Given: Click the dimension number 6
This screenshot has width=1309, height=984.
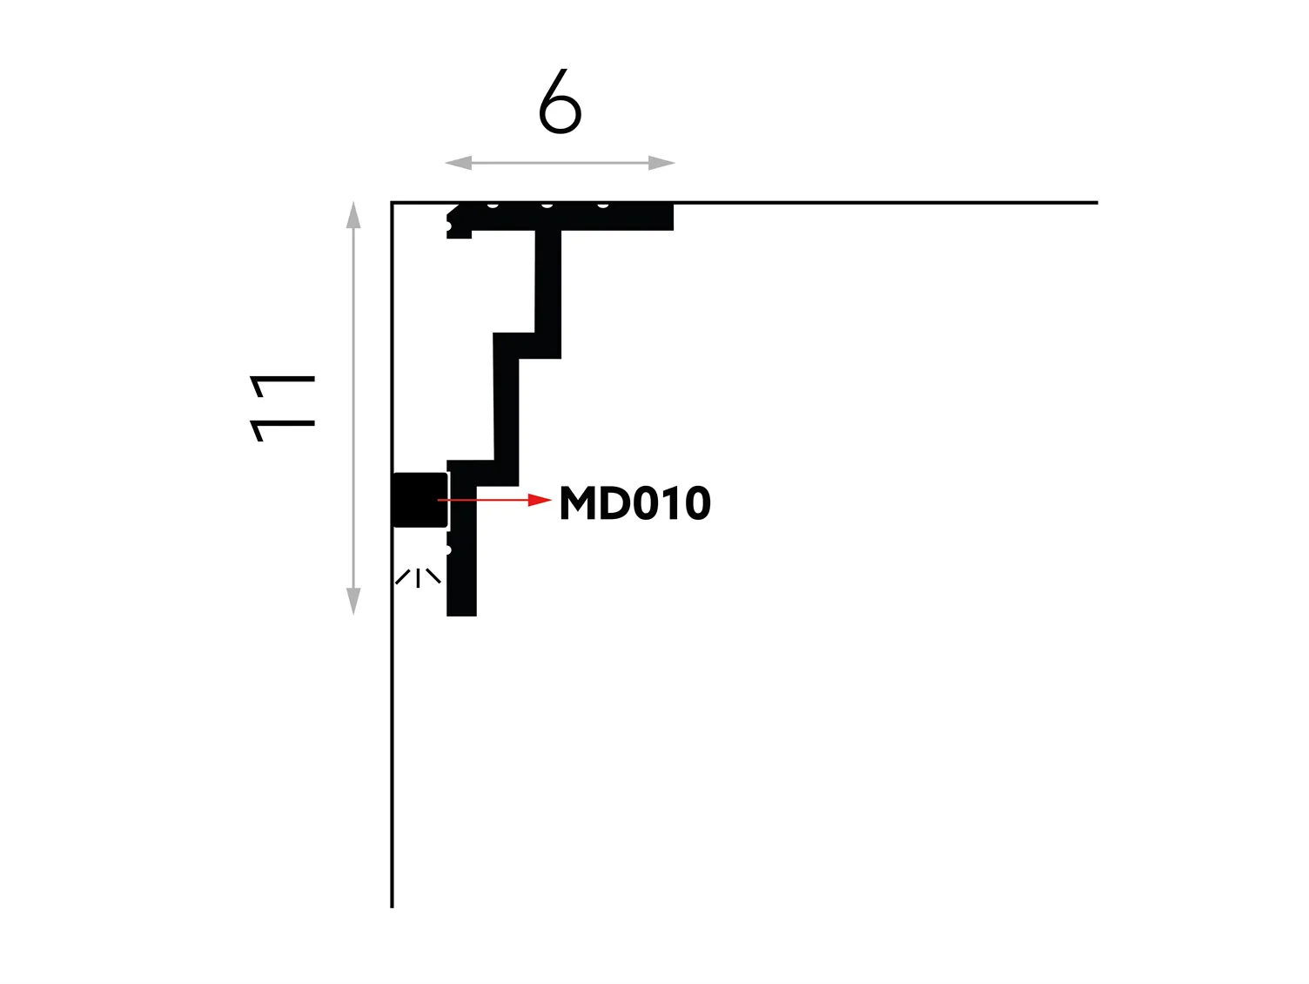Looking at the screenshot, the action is [x=560, y=101].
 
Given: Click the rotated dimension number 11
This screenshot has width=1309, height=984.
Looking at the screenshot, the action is [x=282, y=408].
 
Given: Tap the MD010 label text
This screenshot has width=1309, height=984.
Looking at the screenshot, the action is [x=635, y=503].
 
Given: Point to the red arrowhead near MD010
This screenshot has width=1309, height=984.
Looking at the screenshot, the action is [x=540, y=500].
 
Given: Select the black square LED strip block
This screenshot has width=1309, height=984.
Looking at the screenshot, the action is [x=420, y=500].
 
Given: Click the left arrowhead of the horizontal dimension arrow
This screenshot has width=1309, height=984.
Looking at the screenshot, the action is [x=458, y=163].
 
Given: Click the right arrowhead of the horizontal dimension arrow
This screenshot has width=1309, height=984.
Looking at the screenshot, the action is [x=662, y=163].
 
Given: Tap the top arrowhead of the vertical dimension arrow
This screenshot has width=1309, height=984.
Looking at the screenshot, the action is [x=353, y=215].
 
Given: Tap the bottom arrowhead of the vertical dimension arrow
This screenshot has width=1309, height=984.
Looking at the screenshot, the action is [x=353, y=601].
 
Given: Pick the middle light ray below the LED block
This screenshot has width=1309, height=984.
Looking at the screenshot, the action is [x=418, y=578].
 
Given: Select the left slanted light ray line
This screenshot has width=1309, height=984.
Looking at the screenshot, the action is [x=403, y=577].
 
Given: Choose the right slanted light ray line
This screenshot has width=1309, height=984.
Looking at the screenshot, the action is [x=433, y=576].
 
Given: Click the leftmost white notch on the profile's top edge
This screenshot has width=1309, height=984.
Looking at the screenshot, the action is [x=493, y=206].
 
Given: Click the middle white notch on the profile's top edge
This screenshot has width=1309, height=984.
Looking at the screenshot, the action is [x=547, y=206].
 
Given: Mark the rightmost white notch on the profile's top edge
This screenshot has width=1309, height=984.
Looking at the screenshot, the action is [x=603, y=206].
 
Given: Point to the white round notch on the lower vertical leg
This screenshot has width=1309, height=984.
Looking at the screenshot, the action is [x=448, y=549].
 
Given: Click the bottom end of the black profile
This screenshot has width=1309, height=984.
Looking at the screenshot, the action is [x=461, y=616].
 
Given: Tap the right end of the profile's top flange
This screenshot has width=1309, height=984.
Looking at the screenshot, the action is [x=674, y=217].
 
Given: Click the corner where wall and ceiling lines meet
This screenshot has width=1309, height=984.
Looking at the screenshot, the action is [x=392, y=203].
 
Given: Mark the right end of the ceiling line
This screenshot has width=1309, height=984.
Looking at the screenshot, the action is [x=1098, y=203].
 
